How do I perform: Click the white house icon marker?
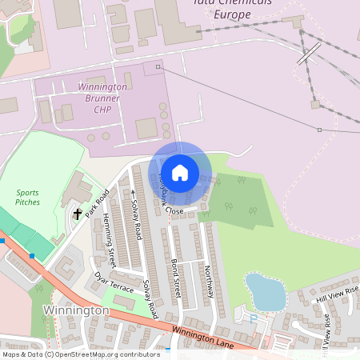[x=180, y=172]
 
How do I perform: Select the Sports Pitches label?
[x=27, y=198]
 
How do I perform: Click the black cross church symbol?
[x=78, y=214]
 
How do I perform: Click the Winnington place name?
[x=76, y=310]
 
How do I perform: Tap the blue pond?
[x=265, y=291]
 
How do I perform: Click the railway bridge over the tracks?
[x=309, y=54]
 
